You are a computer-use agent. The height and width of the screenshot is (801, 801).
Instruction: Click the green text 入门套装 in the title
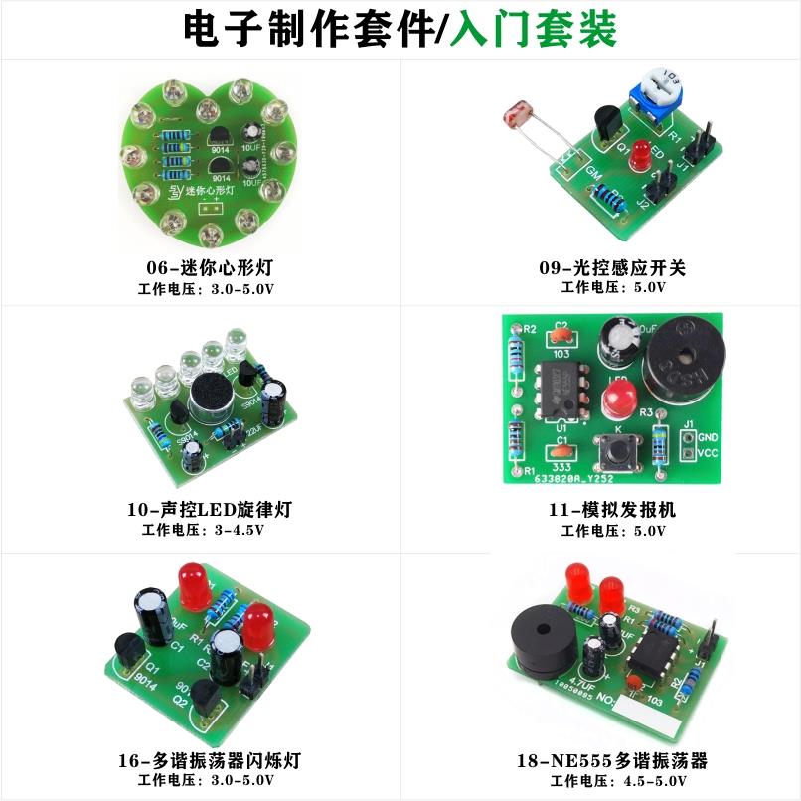click(533, 29)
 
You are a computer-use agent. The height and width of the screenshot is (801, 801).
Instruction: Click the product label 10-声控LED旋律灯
click(210, 510)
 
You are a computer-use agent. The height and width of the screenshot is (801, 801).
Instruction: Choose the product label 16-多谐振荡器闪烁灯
click(209, 761)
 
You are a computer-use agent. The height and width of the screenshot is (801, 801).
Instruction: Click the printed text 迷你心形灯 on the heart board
click(211, 189)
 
